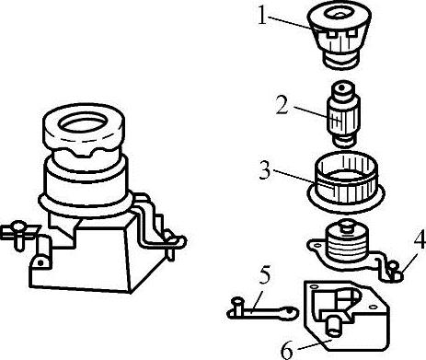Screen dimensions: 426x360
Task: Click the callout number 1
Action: [x=262, y=16]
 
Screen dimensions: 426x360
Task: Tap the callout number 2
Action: [x=282, y=105]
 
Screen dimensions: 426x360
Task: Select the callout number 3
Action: [x=266, y=170]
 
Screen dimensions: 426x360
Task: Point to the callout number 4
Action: [x=420, y=238]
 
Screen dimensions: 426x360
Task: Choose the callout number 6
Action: [x=287, y=351]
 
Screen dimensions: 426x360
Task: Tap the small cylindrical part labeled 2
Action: [x=342, y=114]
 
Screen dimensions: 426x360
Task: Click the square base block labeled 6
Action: [x=347, y=315]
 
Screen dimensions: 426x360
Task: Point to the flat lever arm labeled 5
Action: [x=263, y=311]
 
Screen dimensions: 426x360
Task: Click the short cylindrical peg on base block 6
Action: [x=334, y=325]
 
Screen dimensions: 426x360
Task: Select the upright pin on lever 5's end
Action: [x=237, y=307]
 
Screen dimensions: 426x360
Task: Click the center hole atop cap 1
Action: [x=339, y=14]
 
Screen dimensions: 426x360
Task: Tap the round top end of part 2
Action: [x=342, y=88]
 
